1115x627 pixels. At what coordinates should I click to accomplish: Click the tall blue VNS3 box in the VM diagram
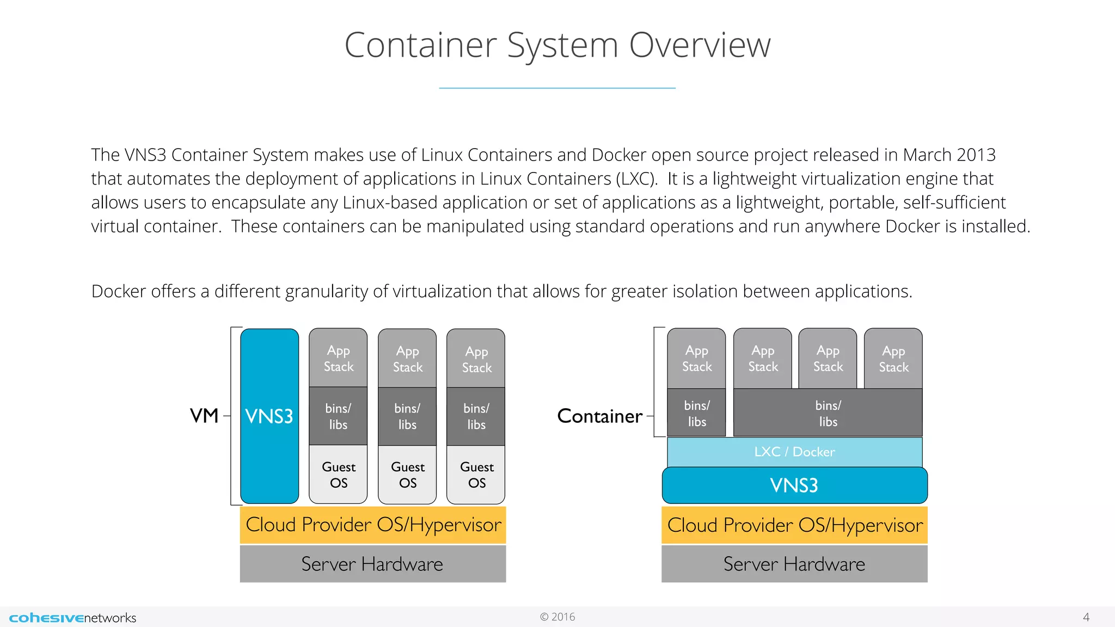tap(269, 416)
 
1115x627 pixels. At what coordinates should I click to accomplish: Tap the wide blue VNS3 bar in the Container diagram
tap(794, 485)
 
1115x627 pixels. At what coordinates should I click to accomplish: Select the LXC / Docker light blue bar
tap(794, 452)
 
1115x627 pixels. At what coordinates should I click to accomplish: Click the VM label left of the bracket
tap(204, 416)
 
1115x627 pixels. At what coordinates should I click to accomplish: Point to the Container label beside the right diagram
tap(599, 416)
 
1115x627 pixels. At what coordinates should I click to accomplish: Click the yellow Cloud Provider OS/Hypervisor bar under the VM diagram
tap(373, 525)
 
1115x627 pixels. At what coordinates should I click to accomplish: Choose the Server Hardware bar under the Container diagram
tap(794, 564)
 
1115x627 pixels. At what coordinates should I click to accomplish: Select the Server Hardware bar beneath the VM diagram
tap(373, 564)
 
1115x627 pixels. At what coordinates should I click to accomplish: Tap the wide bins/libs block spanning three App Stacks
tap(828, 413)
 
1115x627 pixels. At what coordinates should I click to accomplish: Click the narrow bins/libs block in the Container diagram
tap(696, 413)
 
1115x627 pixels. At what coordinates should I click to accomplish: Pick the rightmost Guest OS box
tap(476, 474)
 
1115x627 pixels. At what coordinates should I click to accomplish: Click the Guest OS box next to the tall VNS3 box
tap(338, 474)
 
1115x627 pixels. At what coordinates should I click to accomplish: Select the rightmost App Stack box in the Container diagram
tap(893, 359)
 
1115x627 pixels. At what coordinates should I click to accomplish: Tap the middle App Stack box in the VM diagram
tap(407, 359)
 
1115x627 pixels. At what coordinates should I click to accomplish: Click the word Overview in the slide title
tap(700, 45)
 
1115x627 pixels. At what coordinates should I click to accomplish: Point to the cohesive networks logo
tap(72, 617)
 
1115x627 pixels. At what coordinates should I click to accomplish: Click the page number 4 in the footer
tap(1086, 617)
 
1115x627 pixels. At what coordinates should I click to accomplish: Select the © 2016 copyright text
tap(557, 617)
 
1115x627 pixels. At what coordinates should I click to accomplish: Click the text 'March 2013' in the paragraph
tap(949, 155)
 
